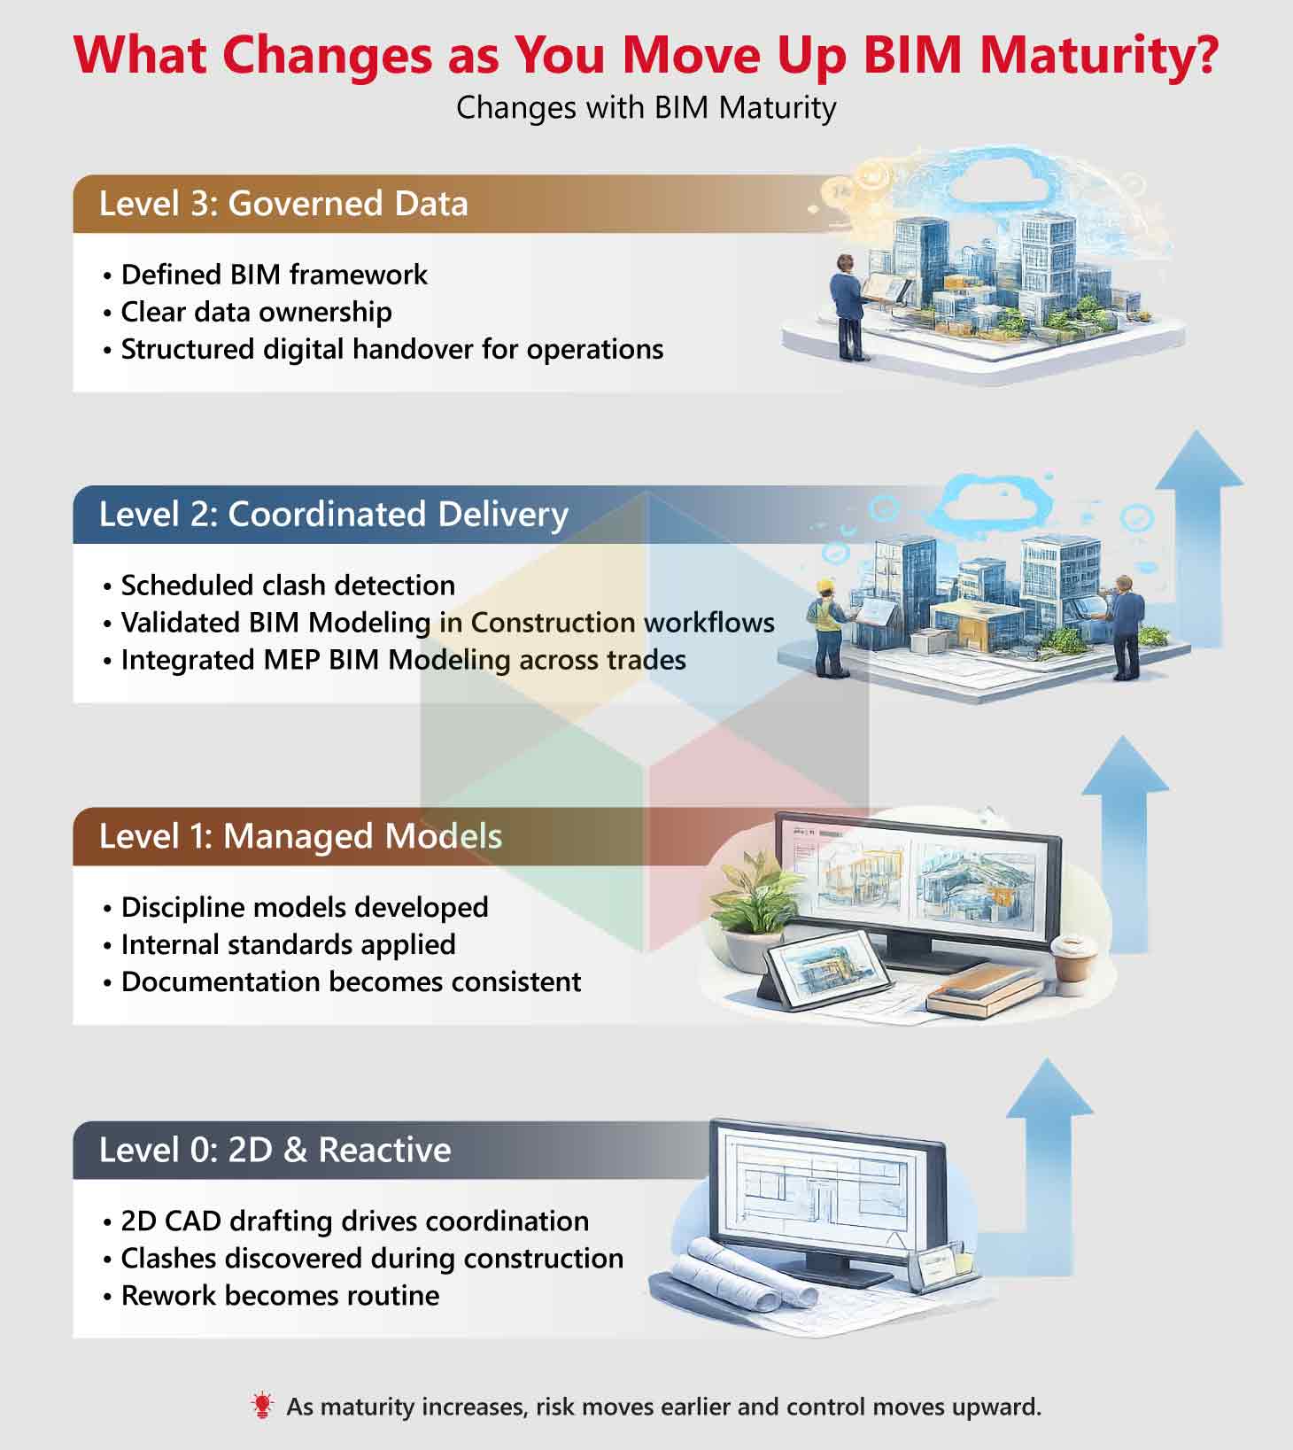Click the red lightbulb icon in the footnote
pos(261,1406)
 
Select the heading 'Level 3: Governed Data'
pos(283,204)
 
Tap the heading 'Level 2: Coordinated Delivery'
pos(334,515)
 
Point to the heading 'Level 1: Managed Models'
pos(300,836)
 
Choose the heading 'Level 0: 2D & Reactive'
pos(275,1150)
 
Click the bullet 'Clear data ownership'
pos(256,312)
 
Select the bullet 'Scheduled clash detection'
pos(288,585)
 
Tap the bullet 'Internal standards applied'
pos(288,944)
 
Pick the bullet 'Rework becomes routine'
pos(280,1295)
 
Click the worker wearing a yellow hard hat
pos(829,624)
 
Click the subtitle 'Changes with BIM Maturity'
pos(646,107)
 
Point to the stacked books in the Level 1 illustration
pos(983,992)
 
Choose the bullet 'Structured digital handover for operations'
pos(391,349)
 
